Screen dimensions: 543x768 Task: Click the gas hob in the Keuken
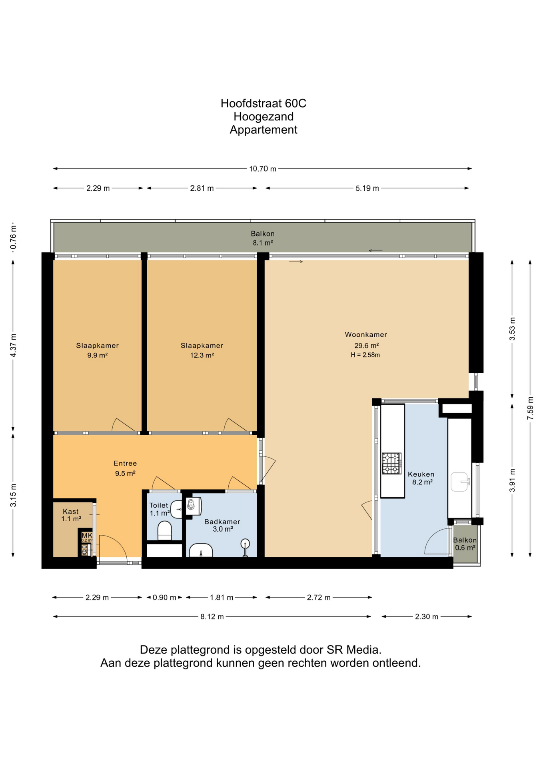pos(391,464)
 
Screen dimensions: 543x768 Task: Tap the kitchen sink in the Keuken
pos(459,482)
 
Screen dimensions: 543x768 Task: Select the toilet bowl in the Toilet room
pos(165,530)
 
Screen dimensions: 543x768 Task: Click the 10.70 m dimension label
pos(263,169)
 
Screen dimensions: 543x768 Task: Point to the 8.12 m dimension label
pos(212,616)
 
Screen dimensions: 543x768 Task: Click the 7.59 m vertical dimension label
pos(530,408)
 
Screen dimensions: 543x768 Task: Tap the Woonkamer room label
pos(366,334)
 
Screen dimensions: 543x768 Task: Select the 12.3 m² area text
pos(202,355)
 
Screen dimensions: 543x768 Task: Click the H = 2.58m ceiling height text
pos(365,355)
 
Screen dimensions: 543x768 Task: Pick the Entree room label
pos(125,463)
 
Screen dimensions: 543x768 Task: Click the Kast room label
pos(71,511)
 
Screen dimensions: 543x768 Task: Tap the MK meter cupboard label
pos(87,535)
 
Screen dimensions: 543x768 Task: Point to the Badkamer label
pos(222,522)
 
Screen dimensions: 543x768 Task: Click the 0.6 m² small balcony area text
pos(465,548)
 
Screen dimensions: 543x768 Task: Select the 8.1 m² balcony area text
pos(263,243)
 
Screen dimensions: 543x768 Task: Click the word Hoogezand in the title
pos(264,117)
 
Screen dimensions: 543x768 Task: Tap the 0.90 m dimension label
pos(164,598)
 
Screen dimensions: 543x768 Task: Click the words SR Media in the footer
pos(354,650)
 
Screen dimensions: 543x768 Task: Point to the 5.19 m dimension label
pos(367,188)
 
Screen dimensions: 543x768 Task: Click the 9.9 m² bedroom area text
pos(98,355)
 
